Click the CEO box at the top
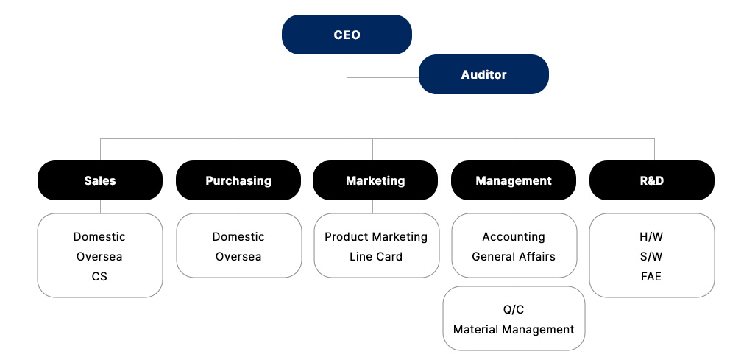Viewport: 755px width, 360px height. (x=347, y=35)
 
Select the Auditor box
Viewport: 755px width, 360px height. (x=483, y=74)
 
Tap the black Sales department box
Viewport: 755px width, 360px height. (x=100, y=180)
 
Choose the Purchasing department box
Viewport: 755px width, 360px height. (x=238, y=180)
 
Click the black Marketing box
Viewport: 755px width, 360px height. (x=375, y=180)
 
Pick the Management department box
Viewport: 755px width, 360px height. (x=514, y=180)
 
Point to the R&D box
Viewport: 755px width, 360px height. (x=651, y=180)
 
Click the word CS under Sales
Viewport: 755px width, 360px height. (x=99, y=277)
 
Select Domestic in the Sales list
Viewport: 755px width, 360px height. (x=99, y=236)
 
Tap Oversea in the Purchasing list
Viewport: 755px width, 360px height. (x=238, y=257)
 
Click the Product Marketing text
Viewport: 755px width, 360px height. (x=376, y=236)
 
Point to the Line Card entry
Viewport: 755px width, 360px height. (x=376, y=257)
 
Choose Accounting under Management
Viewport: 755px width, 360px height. (x=514, y=236)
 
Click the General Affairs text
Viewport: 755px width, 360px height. (x=514, y=257)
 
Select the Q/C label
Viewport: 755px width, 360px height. (x=514, y=309)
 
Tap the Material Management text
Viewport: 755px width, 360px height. (x=514, y=329)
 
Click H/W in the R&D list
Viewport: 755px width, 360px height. (x=651, y=236)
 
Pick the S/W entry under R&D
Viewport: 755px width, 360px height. (x=651, y=257)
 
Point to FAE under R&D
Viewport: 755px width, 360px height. (x=651, y=277)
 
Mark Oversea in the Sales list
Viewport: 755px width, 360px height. (x=99, y=257)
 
